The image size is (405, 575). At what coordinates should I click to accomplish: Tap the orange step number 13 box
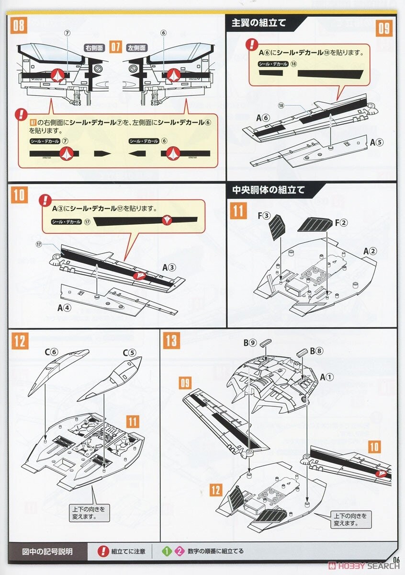click(x=171, y=341)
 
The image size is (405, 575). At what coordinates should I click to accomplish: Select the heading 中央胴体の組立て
click(x=268, y=190)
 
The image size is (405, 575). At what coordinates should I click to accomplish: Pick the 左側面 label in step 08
click(x=137, y=48)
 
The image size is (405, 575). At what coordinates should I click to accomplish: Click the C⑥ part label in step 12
click(x=51, y=352)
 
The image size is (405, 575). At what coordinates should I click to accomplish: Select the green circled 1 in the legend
click(x=166, y=551)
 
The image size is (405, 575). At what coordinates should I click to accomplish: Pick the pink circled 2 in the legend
click(x=179, y=551)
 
